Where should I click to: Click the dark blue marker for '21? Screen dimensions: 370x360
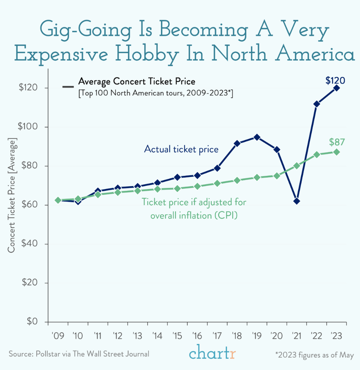tap(297, 201)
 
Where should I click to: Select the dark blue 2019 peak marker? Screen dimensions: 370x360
tap(257, 137)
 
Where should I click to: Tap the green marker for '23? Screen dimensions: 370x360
tap(336, 152)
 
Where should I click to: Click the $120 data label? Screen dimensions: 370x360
tap(335, 81)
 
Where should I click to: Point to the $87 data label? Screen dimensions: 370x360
tap(337, 142)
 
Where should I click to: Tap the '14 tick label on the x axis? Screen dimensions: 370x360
tap(157, 336)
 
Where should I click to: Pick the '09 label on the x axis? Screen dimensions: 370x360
tap(58, 336)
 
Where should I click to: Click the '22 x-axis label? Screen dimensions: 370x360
tap(316, 336)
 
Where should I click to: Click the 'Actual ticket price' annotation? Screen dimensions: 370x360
tap(181, 149)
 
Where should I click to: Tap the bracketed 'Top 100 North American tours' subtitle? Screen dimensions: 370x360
tap(156, 93)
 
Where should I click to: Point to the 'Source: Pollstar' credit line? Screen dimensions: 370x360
tap(79, 354)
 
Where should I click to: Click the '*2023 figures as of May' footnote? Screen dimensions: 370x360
tap(314, 355)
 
